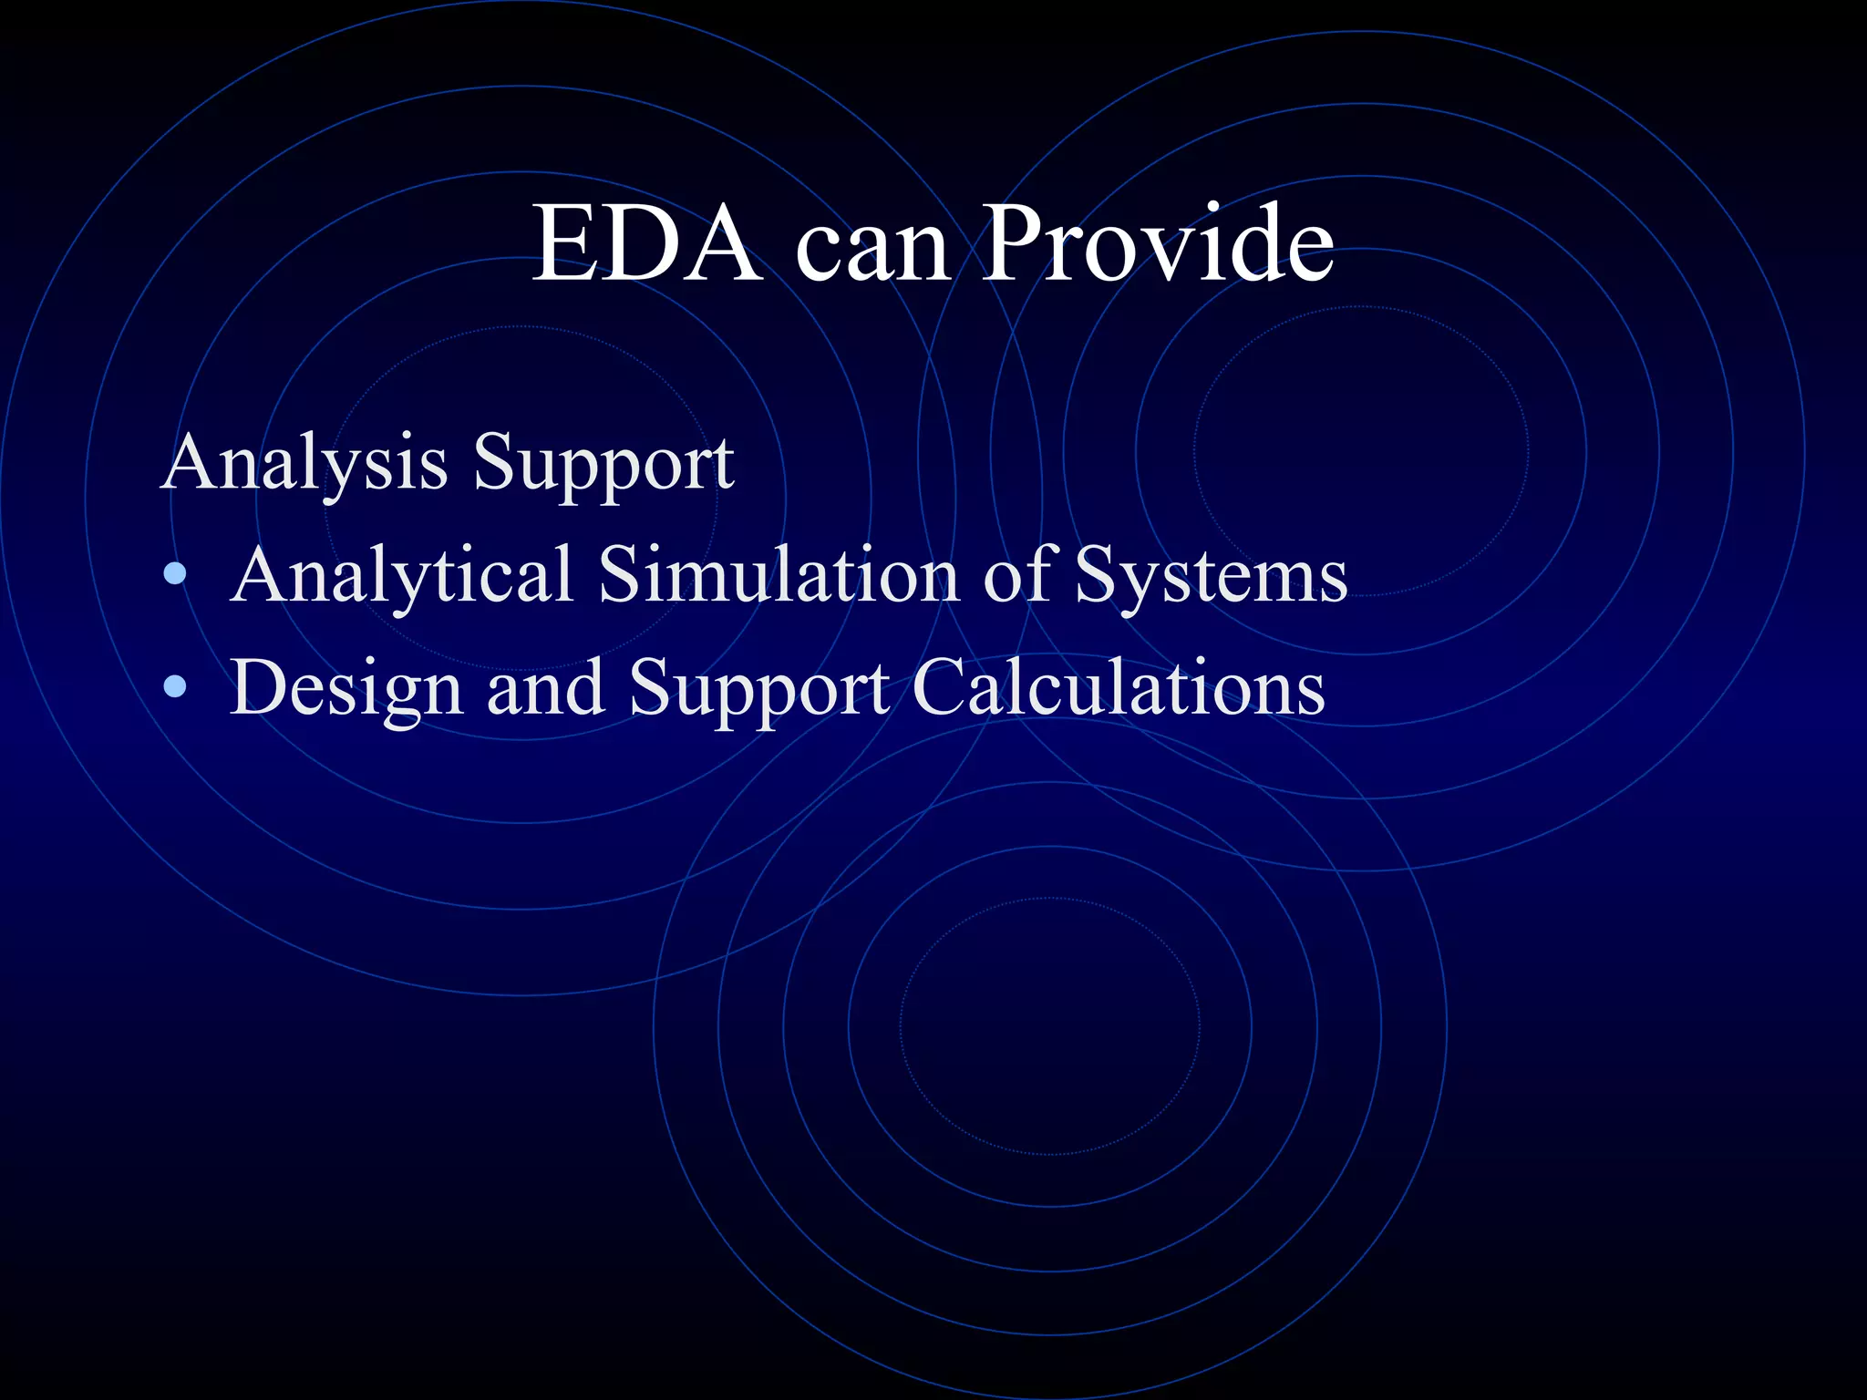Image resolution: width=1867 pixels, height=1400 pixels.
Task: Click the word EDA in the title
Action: [x=645, y=244]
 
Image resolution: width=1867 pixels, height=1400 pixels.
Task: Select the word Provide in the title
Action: [x=1159, y=244]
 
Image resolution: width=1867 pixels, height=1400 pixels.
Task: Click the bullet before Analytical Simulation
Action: [x=175, y=574]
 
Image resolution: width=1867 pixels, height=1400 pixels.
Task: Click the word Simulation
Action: [x=778, y=575]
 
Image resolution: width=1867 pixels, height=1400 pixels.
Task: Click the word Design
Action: [x=346, y=690]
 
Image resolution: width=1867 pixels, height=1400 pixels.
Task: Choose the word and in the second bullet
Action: [x=545, y=688]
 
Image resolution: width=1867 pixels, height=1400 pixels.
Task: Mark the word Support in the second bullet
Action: [x=758, y=690]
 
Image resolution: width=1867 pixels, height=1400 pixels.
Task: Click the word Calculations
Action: [x=1118, y=688]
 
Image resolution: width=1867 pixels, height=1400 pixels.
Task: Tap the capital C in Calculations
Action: [x=939, y=688]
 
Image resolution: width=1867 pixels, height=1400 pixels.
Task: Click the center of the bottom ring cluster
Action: [x=1050, y=1026]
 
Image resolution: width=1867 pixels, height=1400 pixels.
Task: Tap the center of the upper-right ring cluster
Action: [x=1362, y=452]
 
